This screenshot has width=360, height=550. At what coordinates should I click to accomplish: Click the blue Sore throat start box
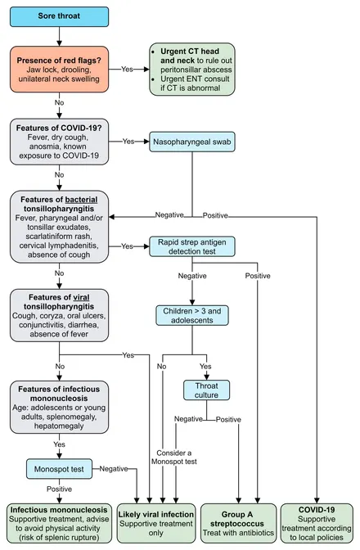click(x=59, y=16)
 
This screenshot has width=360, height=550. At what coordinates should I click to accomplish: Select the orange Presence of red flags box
click(x=59, y=70)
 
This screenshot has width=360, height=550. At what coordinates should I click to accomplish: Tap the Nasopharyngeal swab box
click(x=192, y=142)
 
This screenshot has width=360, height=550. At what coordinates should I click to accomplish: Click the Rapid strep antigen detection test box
click(x=192, y=246)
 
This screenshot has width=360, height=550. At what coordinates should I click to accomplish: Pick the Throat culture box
click(x=206, y=390)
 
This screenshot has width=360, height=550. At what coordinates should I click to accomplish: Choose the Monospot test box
click(x=59, y=469)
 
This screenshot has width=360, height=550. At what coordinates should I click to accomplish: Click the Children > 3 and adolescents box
click(x=192, y=315)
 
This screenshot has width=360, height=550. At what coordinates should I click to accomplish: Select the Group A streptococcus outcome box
click(x=238, y=523)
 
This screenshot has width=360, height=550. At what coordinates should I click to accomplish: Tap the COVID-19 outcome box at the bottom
click(x=317, y=523)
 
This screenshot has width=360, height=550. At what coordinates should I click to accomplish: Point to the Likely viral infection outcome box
click(x=156, y=523)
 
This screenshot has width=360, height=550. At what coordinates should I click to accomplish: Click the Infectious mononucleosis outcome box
click(x=59, y=523)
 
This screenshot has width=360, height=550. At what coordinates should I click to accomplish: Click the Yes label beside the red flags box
click(x=128, y=69)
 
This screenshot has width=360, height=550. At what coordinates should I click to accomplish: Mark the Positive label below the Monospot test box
click(x=59, y=489)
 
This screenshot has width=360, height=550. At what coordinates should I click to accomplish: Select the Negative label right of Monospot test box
click(x=114, y=469)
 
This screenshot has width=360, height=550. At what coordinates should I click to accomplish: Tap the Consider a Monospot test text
click(x=174, y=458)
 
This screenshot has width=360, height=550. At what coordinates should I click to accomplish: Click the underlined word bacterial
click(x=81, y=200)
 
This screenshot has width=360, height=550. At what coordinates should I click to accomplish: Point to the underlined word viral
click(x=81, y=297)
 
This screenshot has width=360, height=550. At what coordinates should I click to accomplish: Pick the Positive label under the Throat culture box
click(x=228, y=420)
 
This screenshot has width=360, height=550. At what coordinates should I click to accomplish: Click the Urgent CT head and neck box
click(x=192, y=70)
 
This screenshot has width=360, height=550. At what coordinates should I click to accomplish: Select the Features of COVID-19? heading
click(x=59, y=128)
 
